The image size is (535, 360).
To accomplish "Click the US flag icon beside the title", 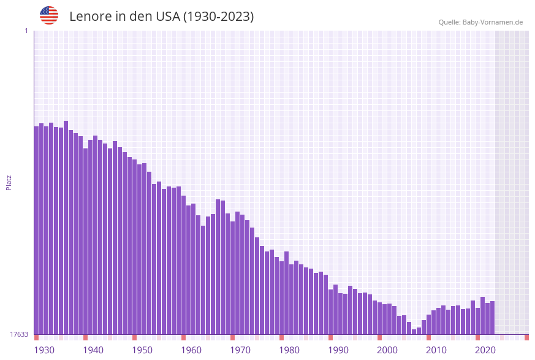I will [49, 15].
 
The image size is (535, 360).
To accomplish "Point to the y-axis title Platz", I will [9, 182].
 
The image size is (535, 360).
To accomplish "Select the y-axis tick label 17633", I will [19, 334].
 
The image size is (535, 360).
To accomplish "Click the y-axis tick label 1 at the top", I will [26, 31].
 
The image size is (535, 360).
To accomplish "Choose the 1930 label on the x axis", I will [44, 350].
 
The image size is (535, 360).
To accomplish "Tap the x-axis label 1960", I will [191, 350].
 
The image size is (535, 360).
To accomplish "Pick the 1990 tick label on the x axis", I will [338, 350].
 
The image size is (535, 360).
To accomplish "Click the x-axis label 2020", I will [485, 350].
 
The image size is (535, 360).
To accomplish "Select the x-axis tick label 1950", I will [142, 350].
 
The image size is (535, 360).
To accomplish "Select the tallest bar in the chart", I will [66, 227].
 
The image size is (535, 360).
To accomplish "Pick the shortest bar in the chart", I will [414, 332].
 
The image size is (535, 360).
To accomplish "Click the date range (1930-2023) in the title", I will [218, 17].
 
